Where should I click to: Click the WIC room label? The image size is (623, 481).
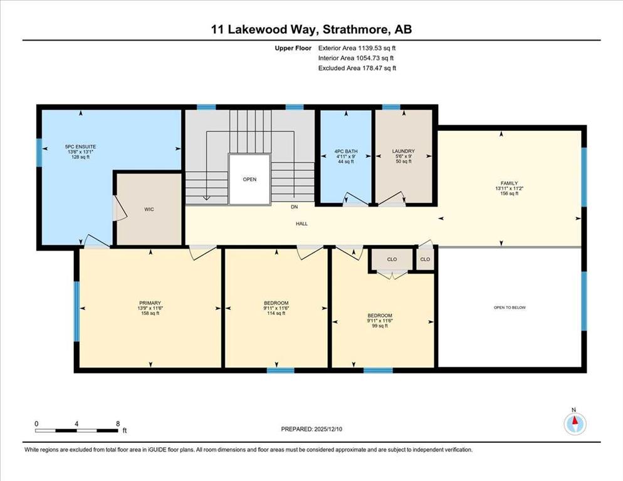click(149, 209)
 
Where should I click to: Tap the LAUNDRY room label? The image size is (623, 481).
click(403, 152)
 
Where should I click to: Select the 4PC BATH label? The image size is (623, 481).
click(346, 152)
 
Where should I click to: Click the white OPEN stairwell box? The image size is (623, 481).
click(249, 179)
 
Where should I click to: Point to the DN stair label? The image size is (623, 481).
click(294, 207)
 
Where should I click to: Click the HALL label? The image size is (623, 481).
click(301, 224)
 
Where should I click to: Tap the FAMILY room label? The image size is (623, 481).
click(509, 184)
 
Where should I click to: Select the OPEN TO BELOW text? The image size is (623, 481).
click(510, 308)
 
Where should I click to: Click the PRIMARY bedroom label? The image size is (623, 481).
click(150, 303)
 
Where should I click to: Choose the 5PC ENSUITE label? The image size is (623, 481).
click(81, 147)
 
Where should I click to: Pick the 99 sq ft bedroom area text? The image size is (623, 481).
click(380, 326)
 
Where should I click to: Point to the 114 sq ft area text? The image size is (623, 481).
click(276, 313)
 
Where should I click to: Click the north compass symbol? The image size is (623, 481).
click(575, 423)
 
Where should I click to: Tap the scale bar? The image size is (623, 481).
click(76, 430)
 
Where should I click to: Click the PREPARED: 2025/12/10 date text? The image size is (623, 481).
click(311, 429)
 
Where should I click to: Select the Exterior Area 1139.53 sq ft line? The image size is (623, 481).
click(357, 48)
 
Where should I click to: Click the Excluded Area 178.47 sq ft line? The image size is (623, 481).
click(357, 68)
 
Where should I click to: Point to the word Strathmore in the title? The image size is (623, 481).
click(355, 29)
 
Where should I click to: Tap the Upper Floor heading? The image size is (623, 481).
click(293, 48)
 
